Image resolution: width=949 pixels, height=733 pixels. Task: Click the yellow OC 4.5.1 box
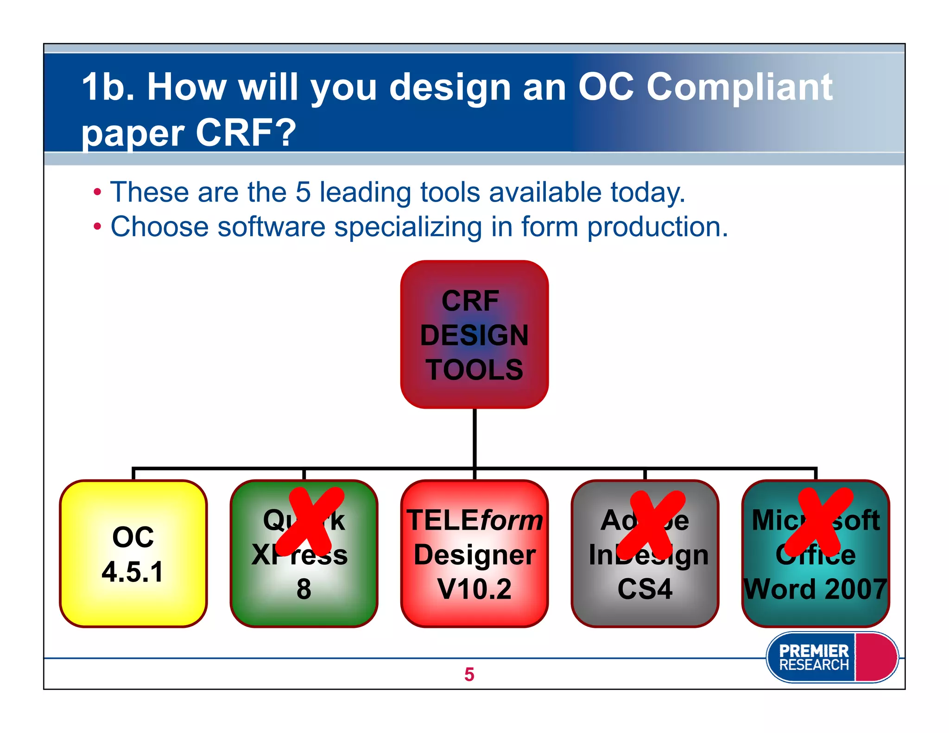click(133, 554)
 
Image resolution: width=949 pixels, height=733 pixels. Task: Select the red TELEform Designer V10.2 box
click(474, 554)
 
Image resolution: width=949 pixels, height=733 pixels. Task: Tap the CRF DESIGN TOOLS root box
click(474, 334)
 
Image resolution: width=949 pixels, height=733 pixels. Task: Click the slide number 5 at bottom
click(469, 674)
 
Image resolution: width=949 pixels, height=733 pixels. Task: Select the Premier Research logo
click(831, 657)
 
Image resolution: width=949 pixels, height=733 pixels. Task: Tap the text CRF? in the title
click(246, 133)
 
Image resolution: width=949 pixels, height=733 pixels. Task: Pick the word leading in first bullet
click(365, 192)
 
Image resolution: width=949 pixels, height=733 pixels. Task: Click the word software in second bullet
click(272, 227)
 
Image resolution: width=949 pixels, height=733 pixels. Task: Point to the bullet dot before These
click(97, 192)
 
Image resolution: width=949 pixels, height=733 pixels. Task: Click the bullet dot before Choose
click(97, 227)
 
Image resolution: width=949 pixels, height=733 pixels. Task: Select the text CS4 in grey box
click(645, 589)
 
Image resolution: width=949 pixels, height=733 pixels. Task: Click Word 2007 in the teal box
click(816, 589)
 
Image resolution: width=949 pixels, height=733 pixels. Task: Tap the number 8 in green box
click(304, 589)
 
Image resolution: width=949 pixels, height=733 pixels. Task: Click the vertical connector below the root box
click(474, 438)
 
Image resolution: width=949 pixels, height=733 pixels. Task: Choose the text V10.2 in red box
click(474, 589)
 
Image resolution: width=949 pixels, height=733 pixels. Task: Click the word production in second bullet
click(657, 227)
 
